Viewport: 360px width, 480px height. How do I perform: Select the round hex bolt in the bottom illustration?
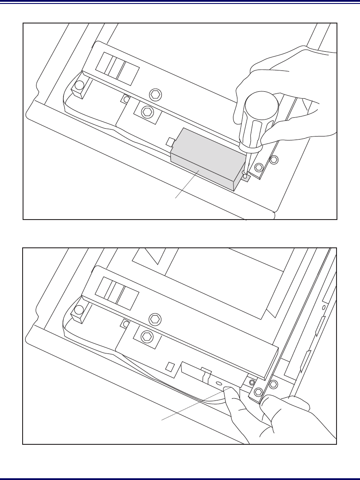tap(154, 319)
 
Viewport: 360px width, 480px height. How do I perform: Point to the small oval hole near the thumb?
tap(218, 384)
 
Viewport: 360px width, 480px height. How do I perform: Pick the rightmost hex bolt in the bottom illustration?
tap(273, 384)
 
